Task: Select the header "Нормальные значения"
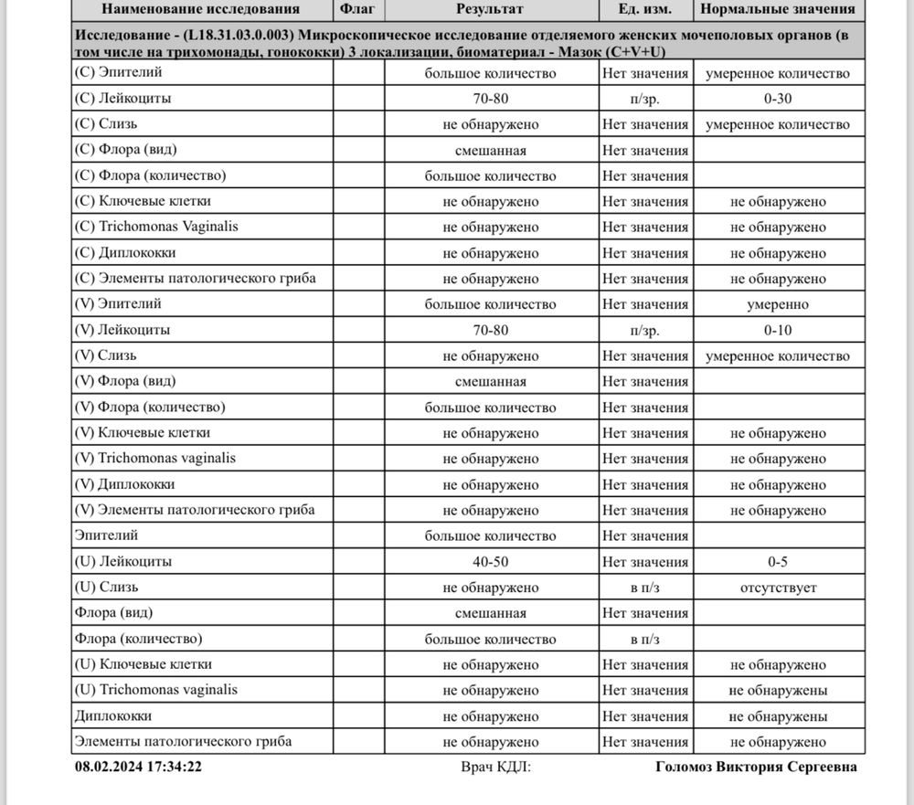point(778,9)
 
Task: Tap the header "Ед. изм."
point(645,9)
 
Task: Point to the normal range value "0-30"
point(778,99)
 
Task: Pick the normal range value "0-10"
point(778,330)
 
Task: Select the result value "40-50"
point(490,562)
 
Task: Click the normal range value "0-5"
point(778,562)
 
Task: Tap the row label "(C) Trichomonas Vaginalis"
point(156,227)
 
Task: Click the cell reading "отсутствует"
point(778,588)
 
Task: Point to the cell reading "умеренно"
point(778,304)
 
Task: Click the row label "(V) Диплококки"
point(124,484)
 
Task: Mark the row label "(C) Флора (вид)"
point(124,150)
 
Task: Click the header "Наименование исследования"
point(200,9)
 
